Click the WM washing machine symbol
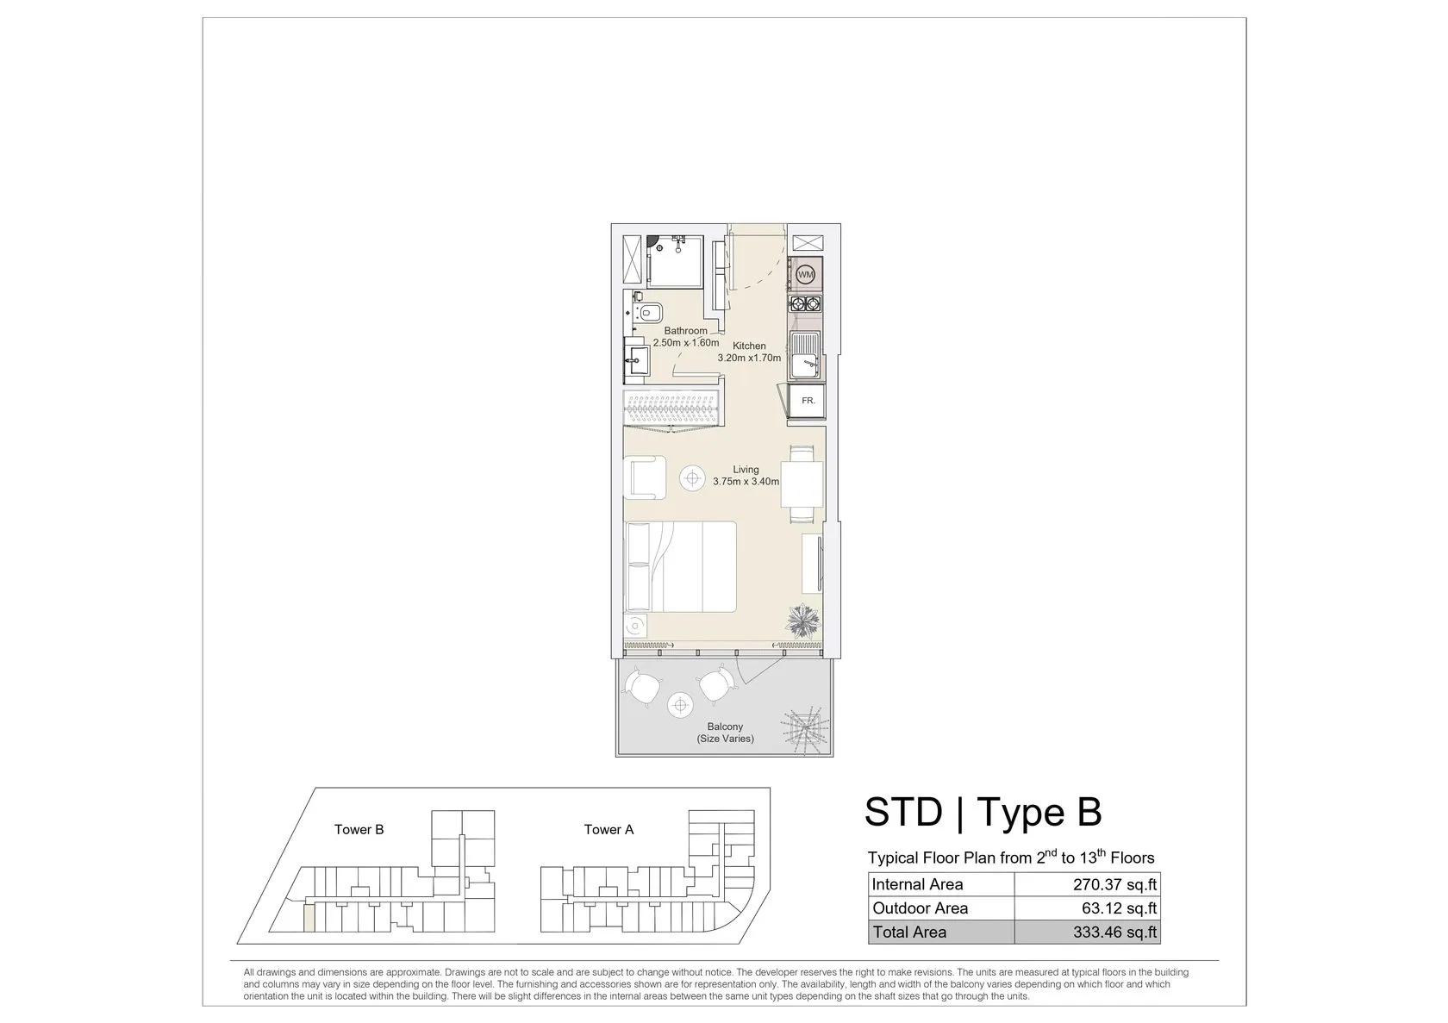[x=805, y=275]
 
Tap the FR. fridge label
[x=808, y=401]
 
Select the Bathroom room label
[x=685, y=331]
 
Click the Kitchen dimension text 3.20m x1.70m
[x=749, y=358]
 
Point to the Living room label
[x=746, y=470]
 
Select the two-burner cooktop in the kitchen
[x=805, y=303]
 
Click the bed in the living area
[x=681, y=567]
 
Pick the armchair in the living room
[x=645, y=477]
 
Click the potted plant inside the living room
[x=803, y=621]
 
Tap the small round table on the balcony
[x=680, y=706]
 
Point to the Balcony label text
[x=725, y=727]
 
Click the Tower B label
[x=359, y=830]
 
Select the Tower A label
[x=609, y=830]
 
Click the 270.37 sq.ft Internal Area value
[x=1115, y=885]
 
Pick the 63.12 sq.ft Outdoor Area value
[x=1120, y=908]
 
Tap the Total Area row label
[x=909, y=932]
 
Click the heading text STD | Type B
[x=983, y=813]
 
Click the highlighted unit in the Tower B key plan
[x=309, y=919]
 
